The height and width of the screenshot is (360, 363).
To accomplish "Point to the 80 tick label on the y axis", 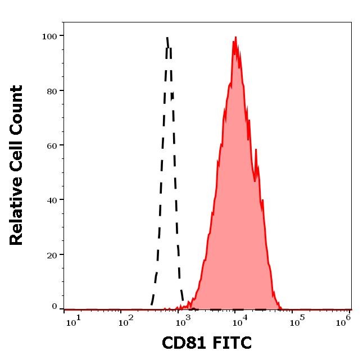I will click(51, 90).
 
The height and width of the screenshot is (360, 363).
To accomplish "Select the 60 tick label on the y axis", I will click(51, 145).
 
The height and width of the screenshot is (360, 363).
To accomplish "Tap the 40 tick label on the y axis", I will click(51, 199).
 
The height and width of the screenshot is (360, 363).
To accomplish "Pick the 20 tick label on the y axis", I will click(51, 254).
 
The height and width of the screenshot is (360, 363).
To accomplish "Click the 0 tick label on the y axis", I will click(55, 307).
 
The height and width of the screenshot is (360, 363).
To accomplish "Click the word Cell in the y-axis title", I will click(17, 156).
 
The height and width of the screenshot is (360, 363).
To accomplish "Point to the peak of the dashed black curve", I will click(167, 38).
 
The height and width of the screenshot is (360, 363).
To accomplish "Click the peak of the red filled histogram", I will click(235, 38).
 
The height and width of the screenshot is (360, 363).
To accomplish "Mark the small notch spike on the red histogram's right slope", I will click(256, 150).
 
